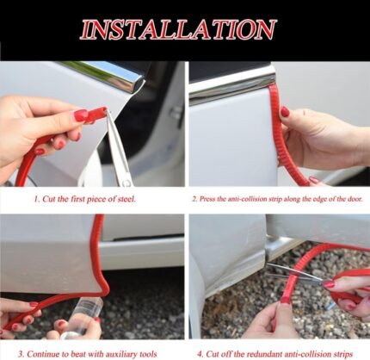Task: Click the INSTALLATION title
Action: pyautogui.click(x=178, y=29)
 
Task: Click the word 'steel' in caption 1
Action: pyautogui.click(x=126, y=199)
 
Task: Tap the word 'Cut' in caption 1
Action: pyautogui.click(x=48, y=199)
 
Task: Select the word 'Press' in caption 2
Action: pyautogui.click(x=207, y=199)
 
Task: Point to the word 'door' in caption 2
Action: pyautogui.click(x=355, y=199)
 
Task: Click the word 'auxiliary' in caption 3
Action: pyautogui.click(x=120, y=354)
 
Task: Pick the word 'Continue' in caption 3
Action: pyautogui.click(x=41, y=354)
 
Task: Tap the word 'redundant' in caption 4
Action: pyautogui.click(x=263, y=354)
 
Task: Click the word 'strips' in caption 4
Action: pyautogui.click(x=342, y=355)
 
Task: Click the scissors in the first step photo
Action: pyautogui.click(x=118, y=149)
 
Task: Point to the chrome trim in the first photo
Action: pyautogui.click(x=108, y=76)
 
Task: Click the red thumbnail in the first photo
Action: pyautogui.click(x=81, y=115)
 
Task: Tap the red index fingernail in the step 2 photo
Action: pyautogui.click(x=285, y=111)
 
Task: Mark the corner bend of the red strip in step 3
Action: pyautogui.click(x=105, y=290)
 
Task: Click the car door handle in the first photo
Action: pyautogui.click(x=176, y=114)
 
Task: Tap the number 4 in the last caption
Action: pyautogui.click(x=200, y=354)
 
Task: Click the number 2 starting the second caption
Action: pyautogui.click(x=194, y=199)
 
